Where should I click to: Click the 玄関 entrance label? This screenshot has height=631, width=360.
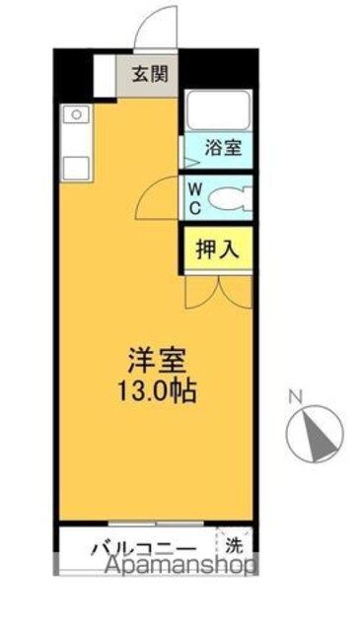tap(150, 75)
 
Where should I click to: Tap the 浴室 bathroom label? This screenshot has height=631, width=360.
tap(224, 148)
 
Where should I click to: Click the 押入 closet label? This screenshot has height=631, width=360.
tap(218, 249)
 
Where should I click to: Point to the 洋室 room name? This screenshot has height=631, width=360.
tap(157, 360)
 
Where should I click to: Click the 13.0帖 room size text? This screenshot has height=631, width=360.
tap(157, 391)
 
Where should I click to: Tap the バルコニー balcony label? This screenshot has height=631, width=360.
tap(144, 548)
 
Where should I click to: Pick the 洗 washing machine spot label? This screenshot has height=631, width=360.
tap(234, 545)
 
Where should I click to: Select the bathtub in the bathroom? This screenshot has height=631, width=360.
tap(219, 109)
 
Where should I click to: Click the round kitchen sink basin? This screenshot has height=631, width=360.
tap(77, 115)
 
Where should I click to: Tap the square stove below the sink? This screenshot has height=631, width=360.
tap(76, 168)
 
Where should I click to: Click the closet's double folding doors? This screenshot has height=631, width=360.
tap(219, 292)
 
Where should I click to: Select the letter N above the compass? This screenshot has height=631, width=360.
tap(296, 397)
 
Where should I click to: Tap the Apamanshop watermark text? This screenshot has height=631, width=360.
tap(180, 565)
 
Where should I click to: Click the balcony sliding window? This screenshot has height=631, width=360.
tap(156, 524)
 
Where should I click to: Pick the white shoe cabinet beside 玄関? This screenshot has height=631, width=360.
tap(105, 75)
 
